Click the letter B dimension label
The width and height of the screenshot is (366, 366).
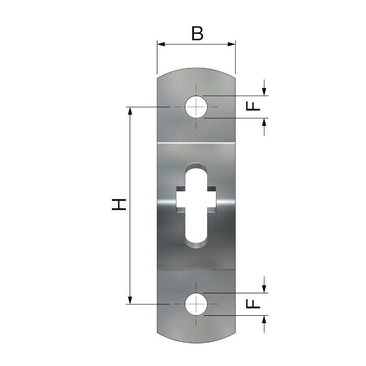click(x=197, y=33)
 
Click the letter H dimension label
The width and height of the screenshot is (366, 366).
click(x=119, y=204)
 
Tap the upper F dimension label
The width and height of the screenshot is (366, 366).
click(x=253, y=107)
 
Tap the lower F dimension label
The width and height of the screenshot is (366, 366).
click(x=253, y=304)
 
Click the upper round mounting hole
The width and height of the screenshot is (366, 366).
click(x=196, y=107)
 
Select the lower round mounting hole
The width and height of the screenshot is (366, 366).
click(x=196, y=304)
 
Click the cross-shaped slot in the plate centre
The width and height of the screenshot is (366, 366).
click(x=196, y=205)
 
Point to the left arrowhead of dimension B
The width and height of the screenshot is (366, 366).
click(x=161, y=44)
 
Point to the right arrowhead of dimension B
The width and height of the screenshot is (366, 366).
click(x=232, y=44)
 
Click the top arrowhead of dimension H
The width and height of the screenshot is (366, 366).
click(x=130, y=111)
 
